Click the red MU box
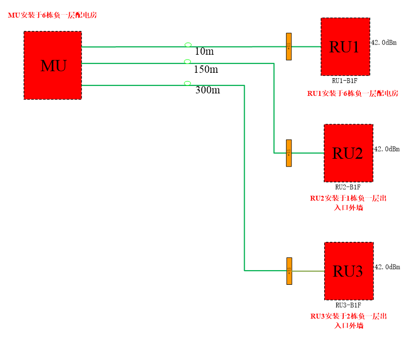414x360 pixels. (x=53, y=65)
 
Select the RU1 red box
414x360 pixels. (x=345, y=47)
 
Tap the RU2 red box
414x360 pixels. (x=348, y=153)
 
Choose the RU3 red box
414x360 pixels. (x=348, y=271)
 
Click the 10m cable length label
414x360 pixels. (x=204, y=51)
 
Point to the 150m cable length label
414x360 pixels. (x=206, y=69)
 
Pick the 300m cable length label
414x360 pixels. (x=207, y=90)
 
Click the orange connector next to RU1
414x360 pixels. (x=289, y=47)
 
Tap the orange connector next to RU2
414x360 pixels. (x=289, y=153)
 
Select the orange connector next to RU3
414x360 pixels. (x=289, y=271)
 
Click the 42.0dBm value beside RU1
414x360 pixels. (x=384, y=42)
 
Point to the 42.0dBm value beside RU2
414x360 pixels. (x=387, y=149)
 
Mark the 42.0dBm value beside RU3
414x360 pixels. (x=387, y=267)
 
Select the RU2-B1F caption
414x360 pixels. (x=348, y=187)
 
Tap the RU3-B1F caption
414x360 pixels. (x=348, y=305)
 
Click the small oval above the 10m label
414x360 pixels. (x=188, y=44)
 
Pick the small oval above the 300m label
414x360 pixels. (x=187, y=83)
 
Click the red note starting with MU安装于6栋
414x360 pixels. (x=52, y=15)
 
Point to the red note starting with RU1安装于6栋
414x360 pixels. (x=352, y=93)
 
